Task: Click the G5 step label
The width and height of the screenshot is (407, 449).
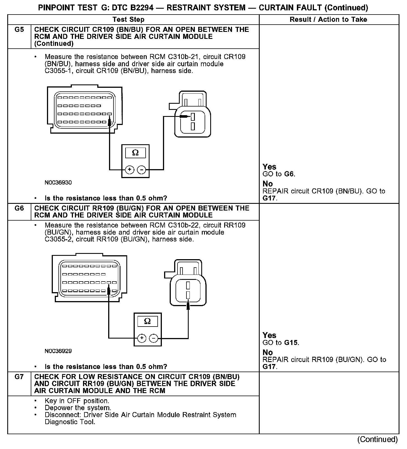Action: click(x=19, y=29)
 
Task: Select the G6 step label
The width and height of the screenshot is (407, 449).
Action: click(x=19, y=208)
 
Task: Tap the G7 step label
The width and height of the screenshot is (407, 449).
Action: click(x=19, y=377)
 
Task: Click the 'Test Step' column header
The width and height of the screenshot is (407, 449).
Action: click(x=128, y=20)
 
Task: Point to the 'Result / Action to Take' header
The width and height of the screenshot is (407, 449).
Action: click(x=328, y=20)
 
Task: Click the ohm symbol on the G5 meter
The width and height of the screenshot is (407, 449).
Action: click(x=135, y=153)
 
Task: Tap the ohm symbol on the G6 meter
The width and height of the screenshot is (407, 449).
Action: click(x=147, y=321)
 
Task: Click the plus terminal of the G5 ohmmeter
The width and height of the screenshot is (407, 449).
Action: click(x=129, y=170)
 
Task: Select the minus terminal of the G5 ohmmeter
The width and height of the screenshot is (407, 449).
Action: click(x=142, y=170)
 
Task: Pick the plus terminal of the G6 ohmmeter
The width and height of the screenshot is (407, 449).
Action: click(x=142, y=338)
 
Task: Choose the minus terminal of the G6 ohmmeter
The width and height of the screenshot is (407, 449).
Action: click(x=154, y=338)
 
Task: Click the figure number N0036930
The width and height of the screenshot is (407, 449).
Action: click(x=58, y=183)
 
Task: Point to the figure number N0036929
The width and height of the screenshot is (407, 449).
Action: click(x=58, y=351)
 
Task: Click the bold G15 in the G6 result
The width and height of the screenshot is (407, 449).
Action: click(x=291, y=342)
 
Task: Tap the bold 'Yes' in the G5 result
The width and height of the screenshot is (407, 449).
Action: click(x=269, y=167)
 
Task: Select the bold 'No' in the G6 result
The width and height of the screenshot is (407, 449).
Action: click(x=268, y=352)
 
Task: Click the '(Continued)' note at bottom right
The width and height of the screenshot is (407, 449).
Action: click(x=377, y=439)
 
